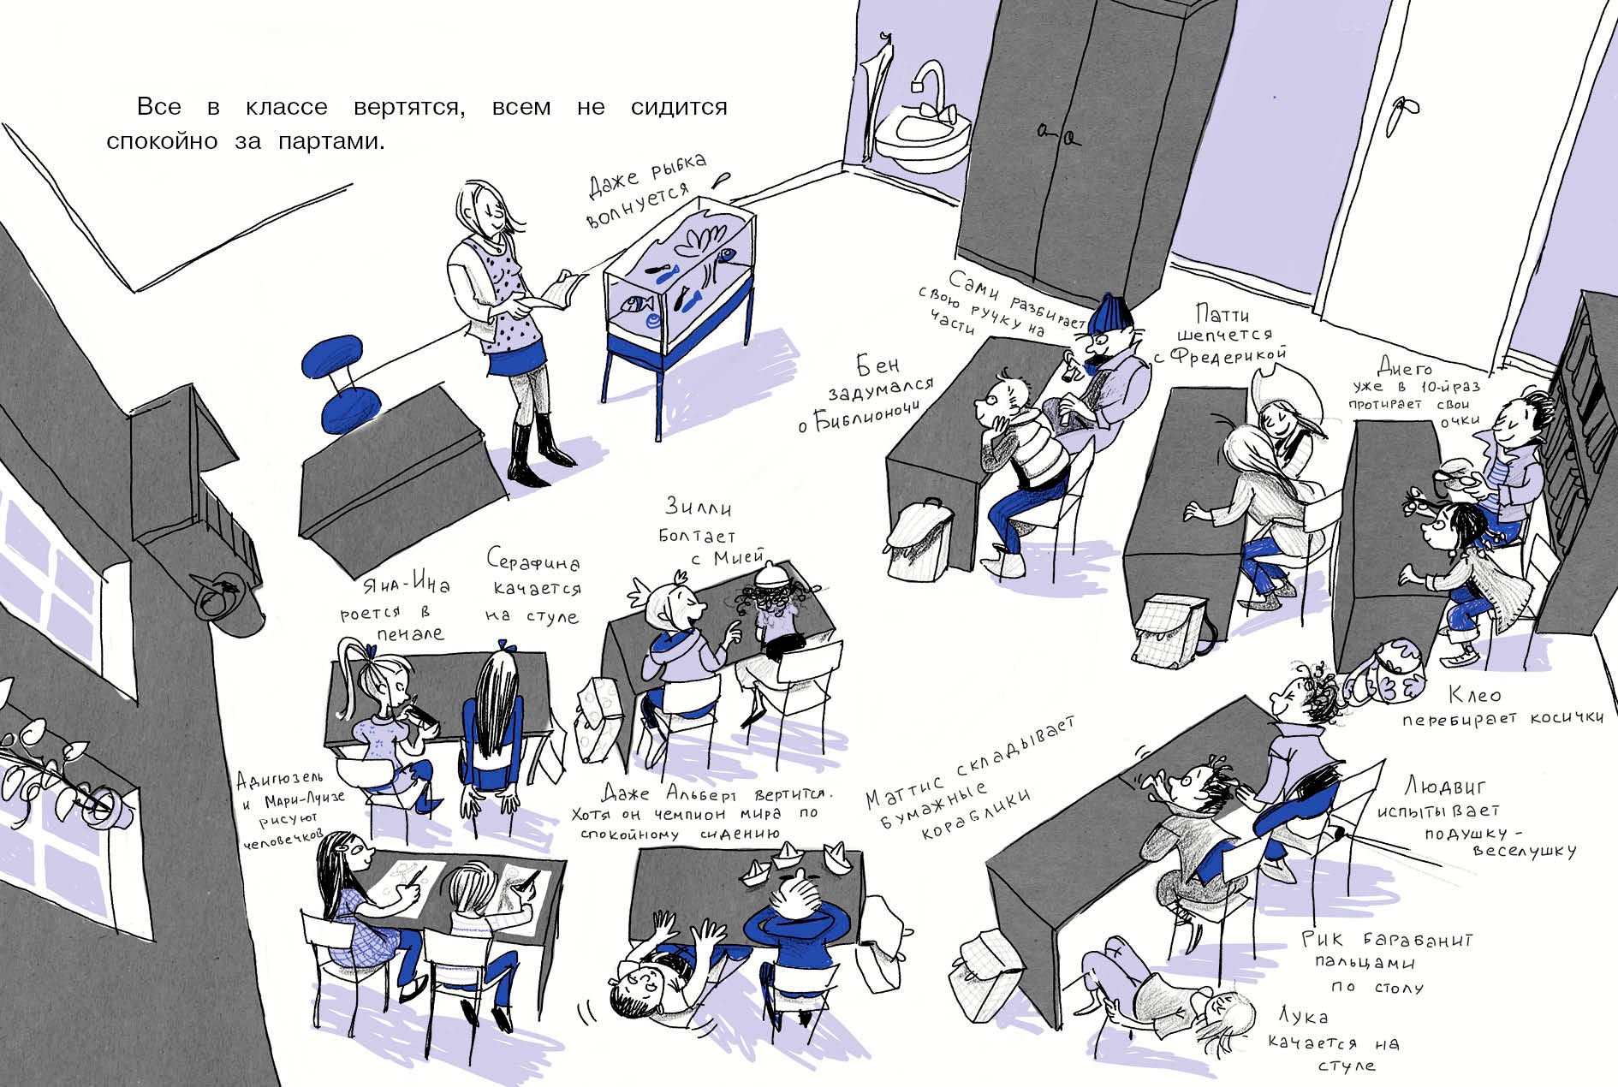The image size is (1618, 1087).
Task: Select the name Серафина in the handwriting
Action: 532,561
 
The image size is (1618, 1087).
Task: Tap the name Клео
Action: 1474,694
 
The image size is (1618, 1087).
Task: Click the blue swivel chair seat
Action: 339,355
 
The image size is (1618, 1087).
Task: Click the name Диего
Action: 1404,367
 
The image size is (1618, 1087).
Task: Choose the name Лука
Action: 1303,1016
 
